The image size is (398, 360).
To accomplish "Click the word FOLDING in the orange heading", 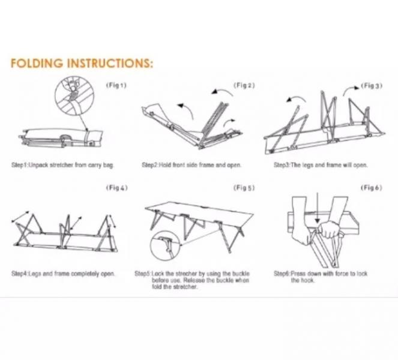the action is (x=37, y=63).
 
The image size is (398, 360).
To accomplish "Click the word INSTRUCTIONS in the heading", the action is (x=110, y=63).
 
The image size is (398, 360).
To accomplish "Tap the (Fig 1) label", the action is (x=116, y=85).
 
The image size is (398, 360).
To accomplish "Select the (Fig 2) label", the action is (x=244, y=85).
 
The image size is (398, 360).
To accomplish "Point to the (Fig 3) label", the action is (x=372, y=86).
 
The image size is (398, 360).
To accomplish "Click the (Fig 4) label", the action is (x=117, y=188).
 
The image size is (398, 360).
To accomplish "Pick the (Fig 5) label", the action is (x=244, y=188).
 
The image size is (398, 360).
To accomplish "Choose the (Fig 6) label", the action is (x=372, y=188).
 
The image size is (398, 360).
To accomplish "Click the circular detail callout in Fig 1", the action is (x=74, y=95).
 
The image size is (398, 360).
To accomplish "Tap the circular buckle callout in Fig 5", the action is (x=165, y=246).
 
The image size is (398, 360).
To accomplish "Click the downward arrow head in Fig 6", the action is (x=318, y=221).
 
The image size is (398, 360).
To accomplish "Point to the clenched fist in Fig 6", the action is (x=329, y=229).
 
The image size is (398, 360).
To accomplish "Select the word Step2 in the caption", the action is (x=149, y=165).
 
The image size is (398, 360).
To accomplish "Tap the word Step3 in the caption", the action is (x=282, y=165).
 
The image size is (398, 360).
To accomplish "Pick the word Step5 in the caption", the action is (x=143, y=274).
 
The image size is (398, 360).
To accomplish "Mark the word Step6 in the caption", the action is (x=282, y=274).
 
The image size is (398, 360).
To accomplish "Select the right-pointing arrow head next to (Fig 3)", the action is (x=357, y=88).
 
